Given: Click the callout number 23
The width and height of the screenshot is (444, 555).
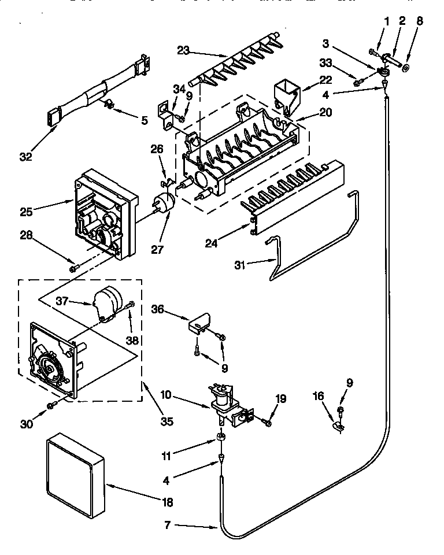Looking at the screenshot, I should [184, 50].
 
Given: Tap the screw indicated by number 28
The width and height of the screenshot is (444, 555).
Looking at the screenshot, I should [73, 268].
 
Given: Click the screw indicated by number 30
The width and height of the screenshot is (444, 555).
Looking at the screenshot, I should [51, 406].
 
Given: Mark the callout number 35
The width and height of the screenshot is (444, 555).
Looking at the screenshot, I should [166, 421].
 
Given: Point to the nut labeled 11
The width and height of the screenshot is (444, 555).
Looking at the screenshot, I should [221, 436].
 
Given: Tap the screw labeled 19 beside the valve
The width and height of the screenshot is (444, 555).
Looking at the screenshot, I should [267, 423].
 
